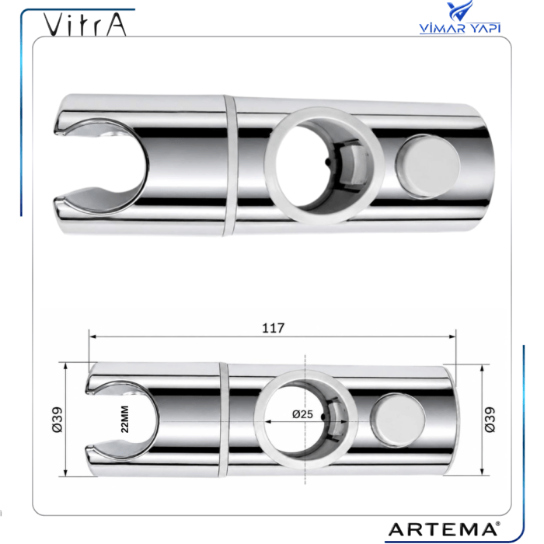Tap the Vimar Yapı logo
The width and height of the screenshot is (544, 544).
460,17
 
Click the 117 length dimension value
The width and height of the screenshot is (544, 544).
273,328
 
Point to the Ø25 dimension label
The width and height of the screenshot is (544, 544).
302,414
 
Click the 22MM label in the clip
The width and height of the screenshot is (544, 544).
125,419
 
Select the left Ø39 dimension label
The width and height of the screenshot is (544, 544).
58,420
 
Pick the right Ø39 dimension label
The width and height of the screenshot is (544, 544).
490,420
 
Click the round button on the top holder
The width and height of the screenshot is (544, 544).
428,167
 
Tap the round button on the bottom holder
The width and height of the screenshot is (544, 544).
398,420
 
